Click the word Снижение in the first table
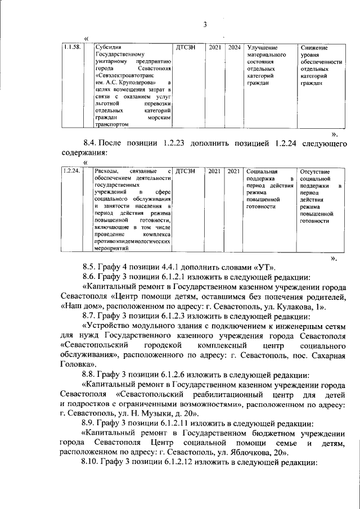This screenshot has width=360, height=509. pos(314,48)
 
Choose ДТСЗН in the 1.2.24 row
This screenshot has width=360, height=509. pos(186,171)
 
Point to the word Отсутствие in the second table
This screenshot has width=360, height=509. pos(316,171)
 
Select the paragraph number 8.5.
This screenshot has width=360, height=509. pos(91,266)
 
